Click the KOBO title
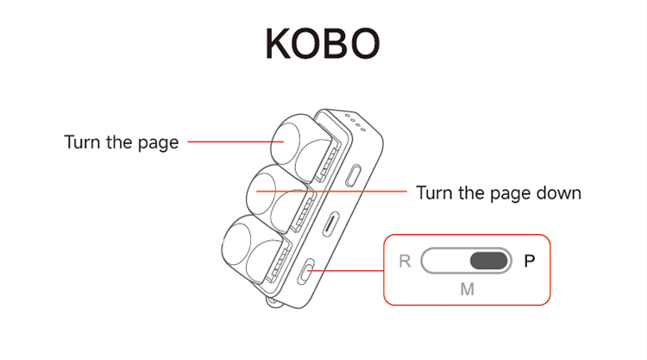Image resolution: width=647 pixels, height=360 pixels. click(323, 43)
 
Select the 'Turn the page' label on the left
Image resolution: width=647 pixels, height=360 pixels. click(122, 142)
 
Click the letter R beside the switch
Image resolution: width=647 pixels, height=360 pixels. click(405, 261)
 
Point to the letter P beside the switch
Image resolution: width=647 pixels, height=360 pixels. click(530, 261)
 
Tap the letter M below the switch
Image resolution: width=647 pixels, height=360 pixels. click(467, 289)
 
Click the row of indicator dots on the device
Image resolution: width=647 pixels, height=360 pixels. click(355, 122)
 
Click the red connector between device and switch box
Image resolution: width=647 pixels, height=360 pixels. click(349, 270)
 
